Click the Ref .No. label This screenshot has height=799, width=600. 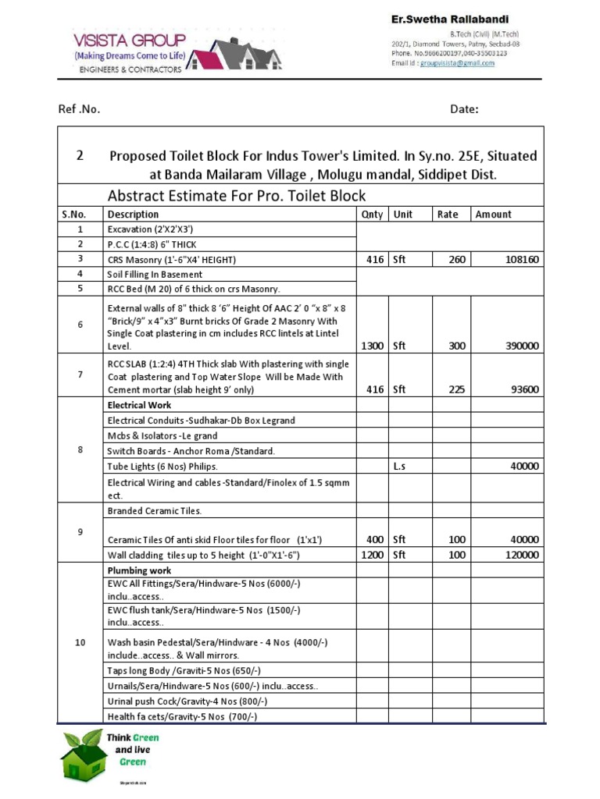coord(80,109)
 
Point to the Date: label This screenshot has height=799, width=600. coord(464,109)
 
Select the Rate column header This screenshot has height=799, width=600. coord(448,214)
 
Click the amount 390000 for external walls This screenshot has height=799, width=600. coord(518,345)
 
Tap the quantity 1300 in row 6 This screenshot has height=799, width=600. coord(371,345)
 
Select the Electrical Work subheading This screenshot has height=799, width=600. coord(139,405)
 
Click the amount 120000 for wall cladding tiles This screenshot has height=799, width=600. coord(518,555)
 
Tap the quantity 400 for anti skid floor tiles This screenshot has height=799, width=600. coord(375,539)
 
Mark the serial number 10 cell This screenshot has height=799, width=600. coord(80,642)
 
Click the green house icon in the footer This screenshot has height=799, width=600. coord(84,755)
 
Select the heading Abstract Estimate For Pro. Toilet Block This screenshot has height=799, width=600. coord(236,195)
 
